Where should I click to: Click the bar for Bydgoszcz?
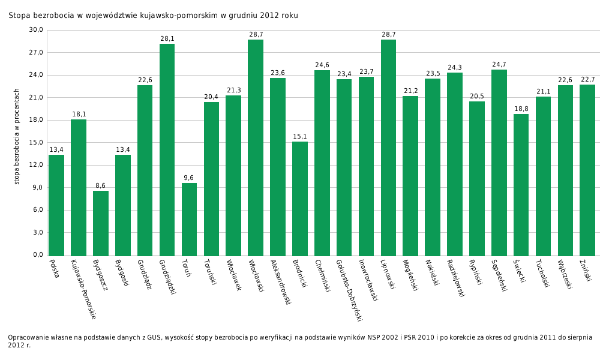pyautogui.click(x=101, y=223)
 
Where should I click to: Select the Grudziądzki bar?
pyautogui.click(x=167, y=150)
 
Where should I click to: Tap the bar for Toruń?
pyautogui.click(x=189, y=220)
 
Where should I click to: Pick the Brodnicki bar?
pyautogui.click(x=300, y=199)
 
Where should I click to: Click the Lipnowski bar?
pyautogui.click(x=388, y=148)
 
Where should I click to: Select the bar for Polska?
pyautogui.click(x=56, y=205)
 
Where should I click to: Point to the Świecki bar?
pyautogui.click(x=521, y=185)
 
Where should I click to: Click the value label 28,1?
pyautogui.click(x=167, y=39)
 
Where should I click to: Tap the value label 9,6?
pyautogui.click(x=189, y=178)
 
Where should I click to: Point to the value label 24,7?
pyautogui.click(x=499, y=65)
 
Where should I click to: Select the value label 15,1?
pyautogui.click(x=300, y=137)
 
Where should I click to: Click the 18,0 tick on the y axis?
pyautogui.click(x=37, y=120)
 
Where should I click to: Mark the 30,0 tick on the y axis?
pyautogui.click(x=37, y=30)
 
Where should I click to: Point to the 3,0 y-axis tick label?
pyautogui.click(x=38, y=233)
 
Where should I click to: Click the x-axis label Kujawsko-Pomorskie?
pyautogui.click(x=83, y=289)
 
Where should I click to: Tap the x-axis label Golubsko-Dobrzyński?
pyautogui.click(x=349, y=290)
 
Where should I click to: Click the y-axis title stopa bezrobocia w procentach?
pyautogui.click(x=17, y=136)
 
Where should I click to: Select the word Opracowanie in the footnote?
pyautogui.click(x=28, y=338)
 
